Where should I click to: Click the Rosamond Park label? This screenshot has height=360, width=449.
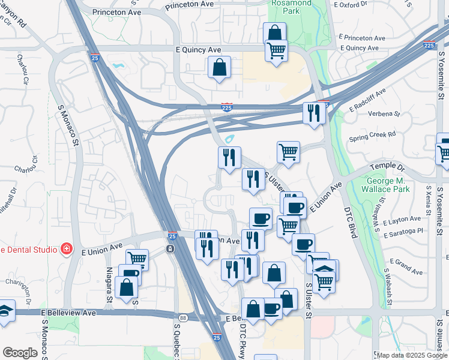[291, 7]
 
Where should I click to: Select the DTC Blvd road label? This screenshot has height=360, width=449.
[351, 222]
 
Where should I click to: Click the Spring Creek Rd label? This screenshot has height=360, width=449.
[372, 135]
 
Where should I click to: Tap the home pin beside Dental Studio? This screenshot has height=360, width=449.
[67, 249]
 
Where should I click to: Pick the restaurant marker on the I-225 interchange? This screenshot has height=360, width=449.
[313, 112]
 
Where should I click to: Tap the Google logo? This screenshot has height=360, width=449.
[20, 353]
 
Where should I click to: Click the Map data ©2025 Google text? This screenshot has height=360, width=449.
[412, 355]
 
